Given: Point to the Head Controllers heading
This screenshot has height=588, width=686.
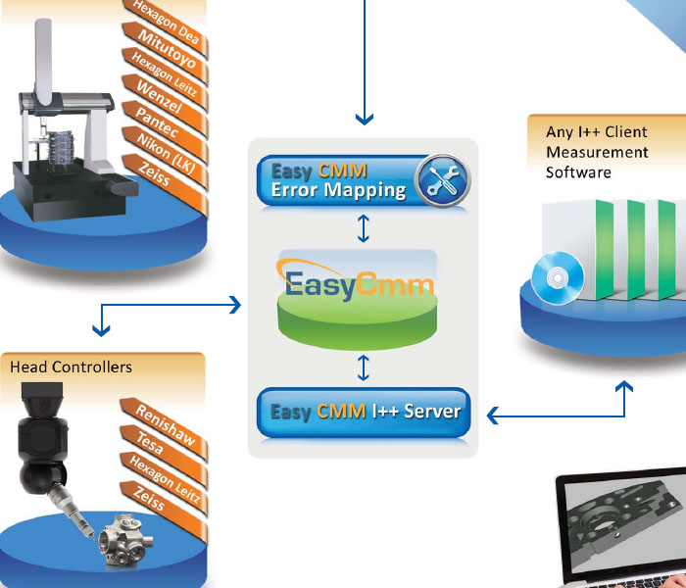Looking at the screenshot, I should [x=71, y=367].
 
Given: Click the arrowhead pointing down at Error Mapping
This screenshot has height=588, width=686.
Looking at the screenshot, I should [x=365, y=120].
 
